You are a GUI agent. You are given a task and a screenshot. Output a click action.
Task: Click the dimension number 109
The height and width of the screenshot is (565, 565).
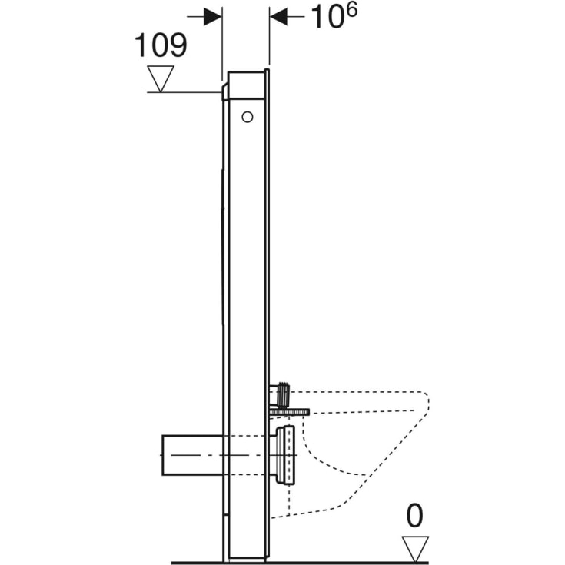click(x=161, y=45)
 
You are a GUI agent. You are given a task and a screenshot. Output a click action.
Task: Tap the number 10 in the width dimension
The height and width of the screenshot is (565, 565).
click(x=325, y=17)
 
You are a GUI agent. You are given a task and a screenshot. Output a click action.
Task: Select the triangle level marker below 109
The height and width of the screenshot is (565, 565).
click(x=161, y=78)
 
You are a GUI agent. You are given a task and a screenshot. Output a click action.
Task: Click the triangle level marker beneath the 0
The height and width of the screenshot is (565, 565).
click(x=415, y=548)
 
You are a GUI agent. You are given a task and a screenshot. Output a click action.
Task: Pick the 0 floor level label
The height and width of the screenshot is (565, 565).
click(x=415, y=517)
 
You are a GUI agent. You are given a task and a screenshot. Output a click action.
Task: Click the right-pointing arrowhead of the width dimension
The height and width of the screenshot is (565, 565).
click(x=213, y=17)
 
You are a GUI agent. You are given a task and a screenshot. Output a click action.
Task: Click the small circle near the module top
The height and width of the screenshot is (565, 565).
click(x=247, y=117)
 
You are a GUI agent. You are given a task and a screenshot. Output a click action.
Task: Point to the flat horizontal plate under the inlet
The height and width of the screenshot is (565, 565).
click(x=289, y=412)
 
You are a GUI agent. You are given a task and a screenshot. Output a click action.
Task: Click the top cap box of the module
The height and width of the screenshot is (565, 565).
click(x=247, y=86)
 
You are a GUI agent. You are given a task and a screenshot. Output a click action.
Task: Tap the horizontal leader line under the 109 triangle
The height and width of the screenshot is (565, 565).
click(x=184, y=92)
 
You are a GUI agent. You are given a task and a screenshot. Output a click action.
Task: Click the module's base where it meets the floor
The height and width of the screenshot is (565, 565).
click(x=246, y=559)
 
